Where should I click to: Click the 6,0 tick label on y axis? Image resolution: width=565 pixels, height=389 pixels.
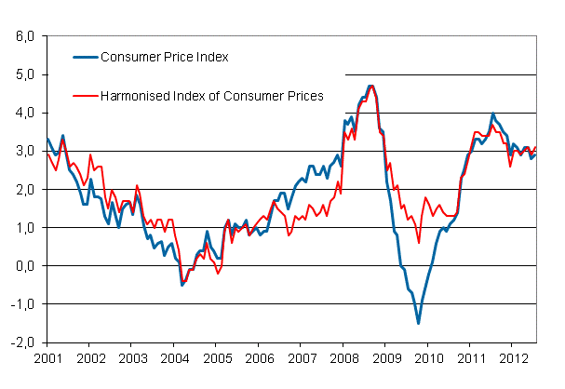24,36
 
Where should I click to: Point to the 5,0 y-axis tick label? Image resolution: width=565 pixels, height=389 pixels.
24,74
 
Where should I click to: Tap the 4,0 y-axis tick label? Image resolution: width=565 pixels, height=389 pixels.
24,113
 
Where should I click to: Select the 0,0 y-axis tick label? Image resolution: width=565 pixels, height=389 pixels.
24,265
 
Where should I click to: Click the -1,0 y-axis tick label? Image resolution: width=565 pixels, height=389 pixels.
22,303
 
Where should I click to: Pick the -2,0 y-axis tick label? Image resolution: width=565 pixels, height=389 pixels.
22,342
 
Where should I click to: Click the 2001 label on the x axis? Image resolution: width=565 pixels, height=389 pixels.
47,356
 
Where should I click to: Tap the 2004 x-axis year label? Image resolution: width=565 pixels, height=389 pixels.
174,356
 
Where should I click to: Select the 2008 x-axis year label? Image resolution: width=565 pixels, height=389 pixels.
343,356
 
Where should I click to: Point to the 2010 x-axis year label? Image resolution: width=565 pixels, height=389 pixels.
428,356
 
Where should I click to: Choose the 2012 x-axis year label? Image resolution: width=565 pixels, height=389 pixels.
513,356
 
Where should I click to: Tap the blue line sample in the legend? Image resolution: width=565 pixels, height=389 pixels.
88,57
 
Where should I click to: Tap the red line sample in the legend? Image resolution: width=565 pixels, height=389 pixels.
88,95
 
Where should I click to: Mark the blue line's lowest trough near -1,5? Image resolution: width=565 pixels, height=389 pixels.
418,323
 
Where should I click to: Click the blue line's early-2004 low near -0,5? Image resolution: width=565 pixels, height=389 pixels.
182,284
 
